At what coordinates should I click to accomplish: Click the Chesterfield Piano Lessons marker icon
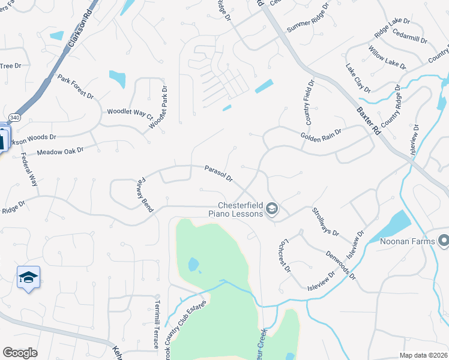coord(272,208)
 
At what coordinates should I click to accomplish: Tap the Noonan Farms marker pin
coord(444,241)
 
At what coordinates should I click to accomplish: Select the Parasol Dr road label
coord(218,175)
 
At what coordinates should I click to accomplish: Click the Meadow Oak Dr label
coord(60,151)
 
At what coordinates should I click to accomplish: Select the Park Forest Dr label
coord(76,87)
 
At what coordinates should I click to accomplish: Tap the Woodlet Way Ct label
coord(130,112)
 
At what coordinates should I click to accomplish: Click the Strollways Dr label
coord(326,221)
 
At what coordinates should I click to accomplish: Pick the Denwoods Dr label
coord(341,265)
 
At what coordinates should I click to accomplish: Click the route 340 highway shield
coord(14,118)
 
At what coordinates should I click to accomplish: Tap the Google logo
coord(20,353)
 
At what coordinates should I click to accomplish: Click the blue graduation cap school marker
coord(28,278)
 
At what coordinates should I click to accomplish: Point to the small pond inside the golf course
coord(193,264)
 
